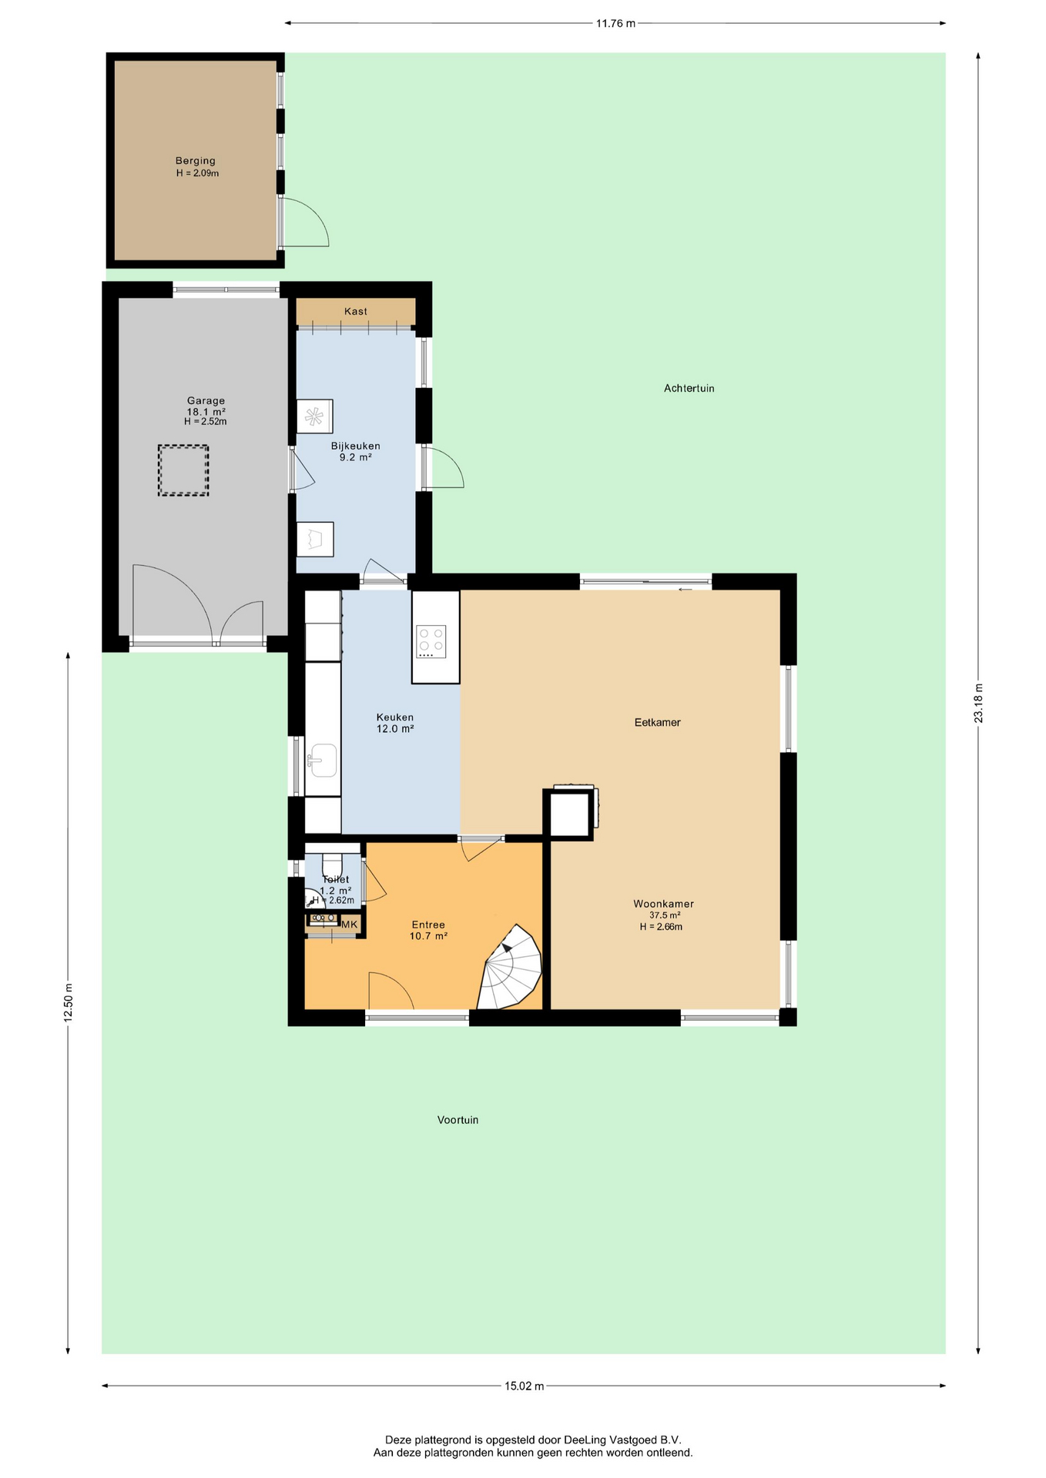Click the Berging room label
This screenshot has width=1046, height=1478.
pos(196,161)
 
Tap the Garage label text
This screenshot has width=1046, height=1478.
pos(206,400)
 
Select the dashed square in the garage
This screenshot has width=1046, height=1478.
pos(183,470)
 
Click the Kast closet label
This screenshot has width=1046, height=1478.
pos(356,311)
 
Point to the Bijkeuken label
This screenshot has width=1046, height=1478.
pos(356,446)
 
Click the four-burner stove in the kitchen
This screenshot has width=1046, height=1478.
pos(431,642)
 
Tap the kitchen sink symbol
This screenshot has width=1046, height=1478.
pos(323,761)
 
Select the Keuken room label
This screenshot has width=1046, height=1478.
pos(395,717)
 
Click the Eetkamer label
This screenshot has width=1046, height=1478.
pos(658,722)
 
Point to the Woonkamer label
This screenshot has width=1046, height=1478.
pos(664,904)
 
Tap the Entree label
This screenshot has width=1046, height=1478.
pos(428,925)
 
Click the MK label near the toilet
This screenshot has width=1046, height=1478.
pos(350,924)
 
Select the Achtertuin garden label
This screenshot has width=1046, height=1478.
pos(689,388)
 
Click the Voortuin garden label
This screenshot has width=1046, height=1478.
pos(458,1120)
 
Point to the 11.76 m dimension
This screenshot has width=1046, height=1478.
pos(616,23)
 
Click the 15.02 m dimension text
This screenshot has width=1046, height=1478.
pos(525,1386)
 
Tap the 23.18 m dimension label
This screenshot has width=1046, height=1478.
pos(978,703)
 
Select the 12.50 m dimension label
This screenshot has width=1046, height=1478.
pos(68,1002)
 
